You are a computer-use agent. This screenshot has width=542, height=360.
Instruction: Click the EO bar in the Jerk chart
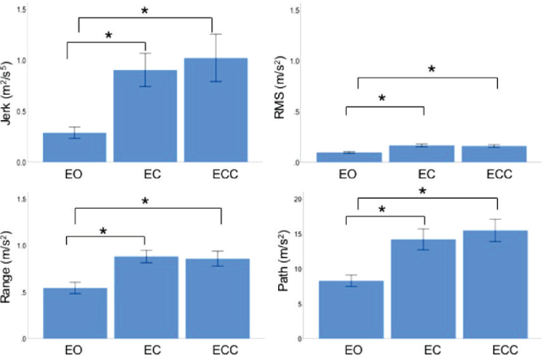(x=74, y=147)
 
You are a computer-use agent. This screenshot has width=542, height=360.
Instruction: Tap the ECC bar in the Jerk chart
(x=216, y=111)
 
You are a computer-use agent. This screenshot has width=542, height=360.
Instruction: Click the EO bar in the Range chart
(x=74, y=314)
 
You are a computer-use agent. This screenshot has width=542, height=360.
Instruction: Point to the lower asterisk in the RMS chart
(x=381, y=98)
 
